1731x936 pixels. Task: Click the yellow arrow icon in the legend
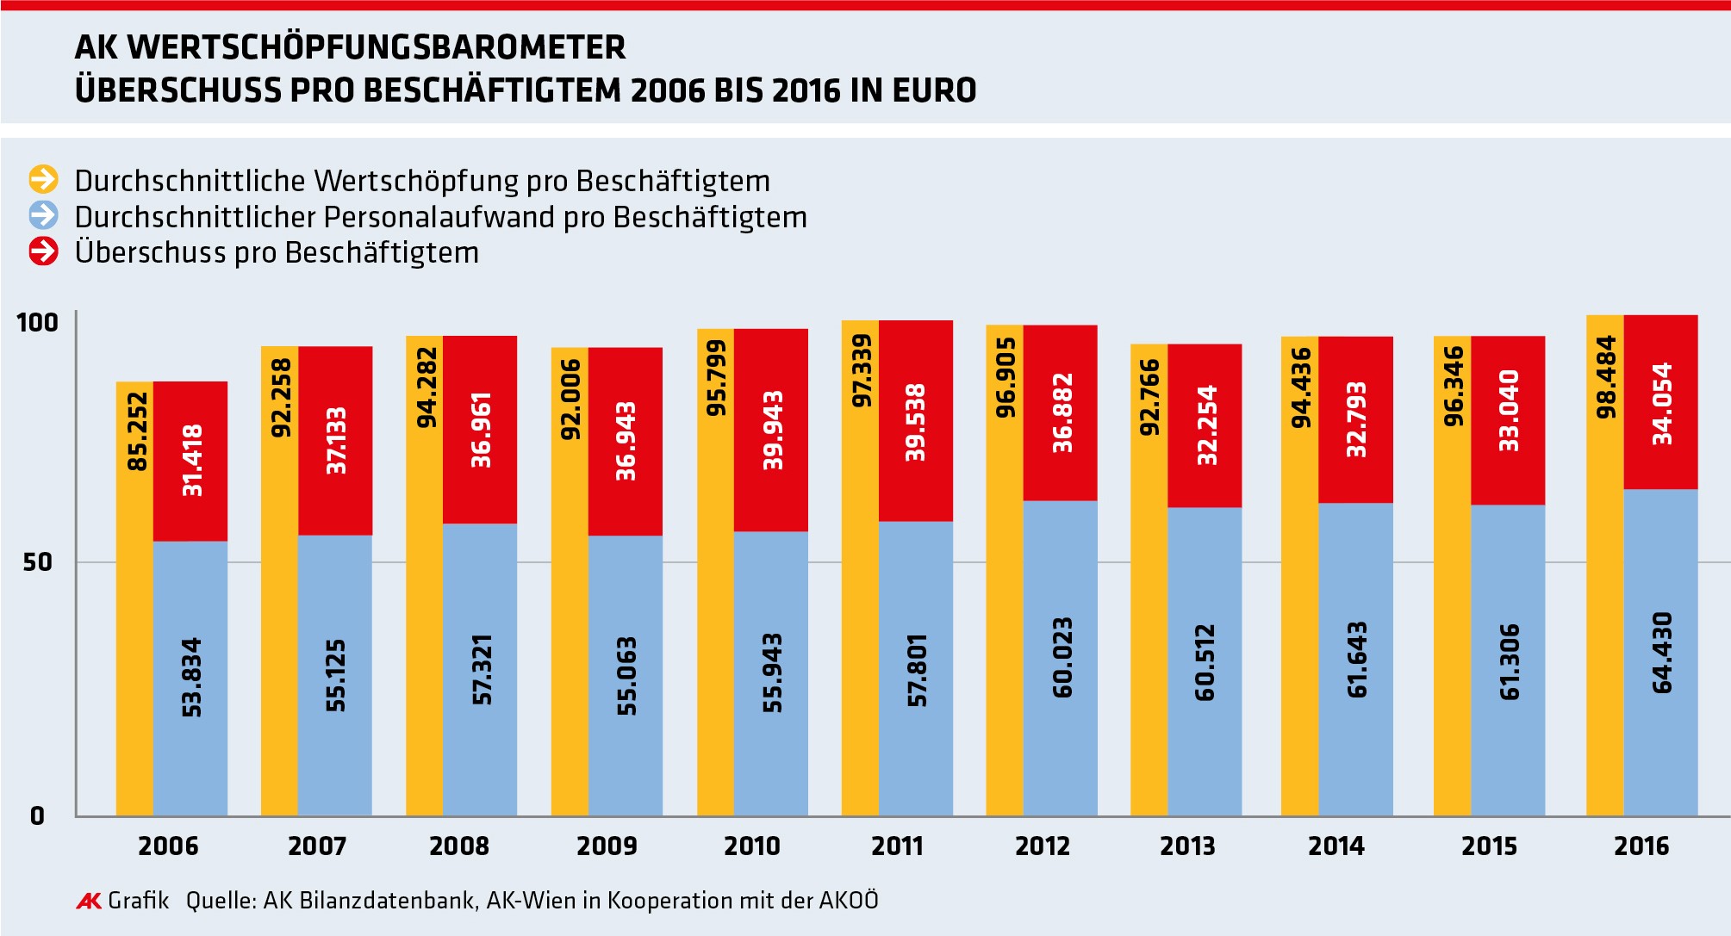[x=43, y=179]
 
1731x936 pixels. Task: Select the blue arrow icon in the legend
[x=43, y=215]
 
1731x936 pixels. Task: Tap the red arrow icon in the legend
[x=43, y=251]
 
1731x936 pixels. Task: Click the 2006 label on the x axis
[x=168, y=846]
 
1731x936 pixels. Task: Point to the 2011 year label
[x=897, y=846]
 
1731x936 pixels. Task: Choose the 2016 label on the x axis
[x=1641, y=846]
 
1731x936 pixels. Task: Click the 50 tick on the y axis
[x=37, y=562]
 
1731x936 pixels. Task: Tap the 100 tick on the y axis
[x=37, y=323]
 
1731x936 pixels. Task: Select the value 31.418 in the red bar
[x=192, y=460]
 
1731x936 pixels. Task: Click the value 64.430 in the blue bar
[x=1662, y=652]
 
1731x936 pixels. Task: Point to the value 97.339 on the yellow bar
[x=862, y=370]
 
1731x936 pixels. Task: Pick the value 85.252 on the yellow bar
[x=137, y=431]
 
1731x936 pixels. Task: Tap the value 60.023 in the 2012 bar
[x=1062, y=657]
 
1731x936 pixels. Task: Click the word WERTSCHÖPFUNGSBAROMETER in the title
[x=377, y=47]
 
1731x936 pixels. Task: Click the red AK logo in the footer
[x=89, y=901]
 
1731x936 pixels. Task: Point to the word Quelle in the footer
[x=221, y=901]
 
